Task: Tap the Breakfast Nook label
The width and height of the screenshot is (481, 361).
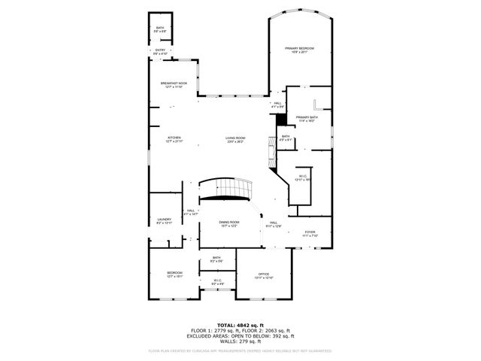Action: point(173,85)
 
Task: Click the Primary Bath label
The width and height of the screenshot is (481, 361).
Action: point(305,119)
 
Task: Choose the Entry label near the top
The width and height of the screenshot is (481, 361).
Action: point(160,53)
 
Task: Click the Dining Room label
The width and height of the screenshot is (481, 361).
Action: point(229,224)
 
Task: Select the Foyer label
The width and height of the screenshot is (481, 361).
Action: point(310,234)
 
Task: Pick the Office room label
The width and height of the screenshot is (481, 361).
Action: point(263,276)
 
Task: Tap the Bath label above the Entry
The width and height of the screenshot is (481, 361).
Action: point(160,29)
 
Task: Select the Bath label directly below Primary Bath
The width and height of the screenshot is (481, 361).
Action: point(286,138)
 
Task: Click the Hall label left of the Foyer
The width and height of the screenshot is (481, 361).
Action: point(274,224)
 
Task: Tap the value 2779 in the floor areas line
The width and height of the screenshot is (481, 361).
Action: point(219,331)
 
